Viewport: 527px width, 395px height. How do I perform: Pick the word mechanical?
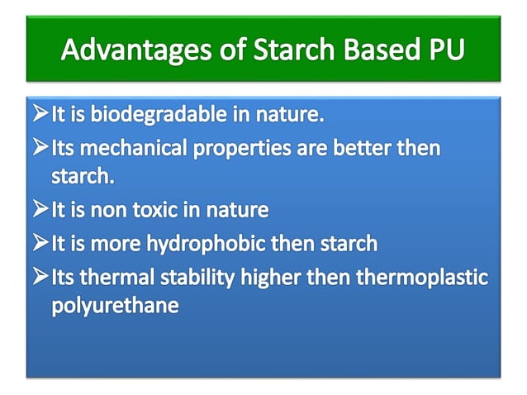pos(136,150)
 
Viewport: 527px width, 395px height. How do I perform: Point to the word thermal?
pos(118,277)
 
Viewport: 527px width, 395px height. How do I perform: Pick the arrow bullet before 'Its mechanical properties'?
pos(40,150)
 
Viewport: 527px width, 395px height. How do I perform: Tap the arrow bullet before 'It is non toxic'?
pos(40,210)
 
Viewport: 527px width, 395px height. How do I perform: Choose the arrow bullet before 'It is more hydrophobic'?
pos(40,244)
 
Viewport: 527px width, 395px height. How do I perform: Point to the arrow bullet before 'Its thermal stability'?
pos(40,277)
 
